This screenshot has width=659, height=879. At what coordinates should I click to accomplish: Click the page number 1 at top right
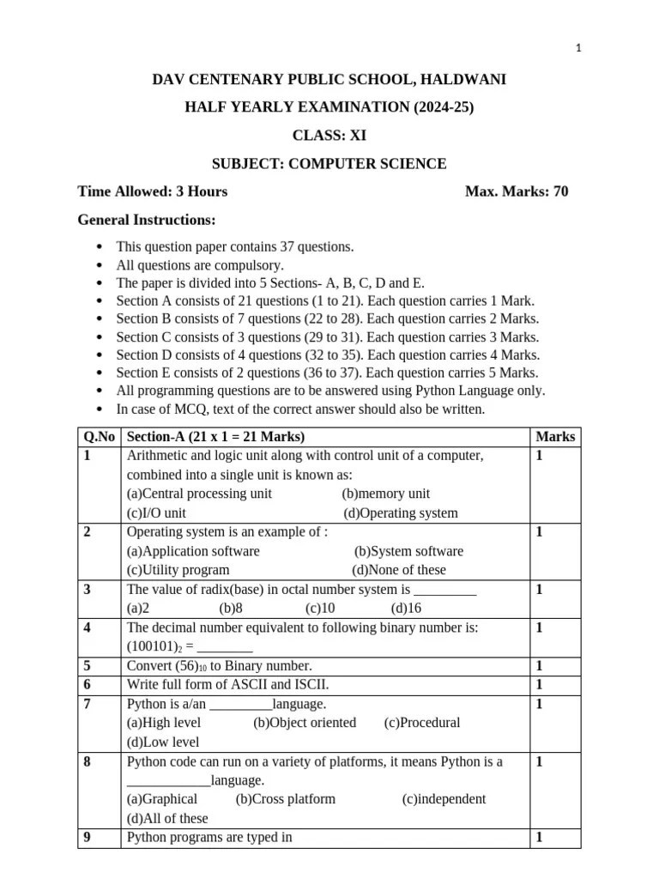tap(578, 49)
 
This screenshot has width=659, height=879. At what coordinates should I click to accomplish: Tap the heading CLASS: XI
tap(329, 136)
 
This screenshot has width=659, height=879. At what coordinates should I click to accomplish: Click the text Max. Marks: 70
tap(517, 191)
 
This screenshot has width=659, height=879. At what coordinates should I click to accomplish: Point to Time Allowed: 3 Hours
tap(153, 191)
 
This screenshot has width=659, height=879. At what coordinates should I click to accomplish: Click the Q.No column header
tap(100, 437)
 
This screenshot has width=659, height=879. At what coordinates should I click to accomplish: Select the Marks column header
tap(555, 437)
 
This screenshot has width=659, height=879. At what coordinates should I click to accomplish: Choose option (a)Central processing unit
tap(199, 494)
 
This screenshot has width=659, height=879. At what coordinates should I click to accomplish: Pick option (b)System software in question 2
tap(408, 551)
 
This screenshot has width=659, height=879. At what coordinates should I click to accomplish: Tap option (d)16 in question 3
tap(406, 608)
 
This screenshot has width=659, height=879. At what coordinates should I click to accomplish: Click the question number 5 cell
tap(88, 665)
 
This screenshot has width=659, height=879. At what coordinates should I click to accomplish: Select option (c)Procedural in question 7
tap(422, 723)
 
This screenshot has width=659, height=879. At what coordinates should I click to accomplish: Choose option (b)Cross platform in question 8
tap(285, 799)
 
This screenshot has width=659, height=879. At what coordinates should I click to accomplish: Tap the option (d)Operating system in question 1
tap(401, 513)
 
